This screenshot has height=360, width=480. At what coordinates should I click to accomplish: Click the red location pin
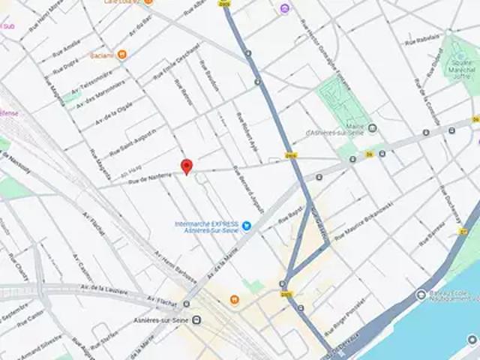(187, 166)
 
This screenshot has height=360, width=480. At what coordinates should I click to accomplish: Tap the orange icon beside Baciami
(122, 54)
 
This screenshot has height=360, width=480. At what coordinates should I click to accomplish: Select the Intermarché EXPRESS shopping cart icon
(246, 226)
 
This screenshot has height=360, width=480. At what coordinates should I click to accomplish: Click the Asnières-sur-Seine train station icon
(196, 320)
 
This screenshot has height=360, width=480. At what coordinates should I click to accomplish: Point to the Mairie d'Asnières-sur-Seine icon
(373, 128)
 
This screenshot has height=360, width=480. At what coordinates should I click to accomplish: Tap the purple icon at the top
(284, 9)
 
